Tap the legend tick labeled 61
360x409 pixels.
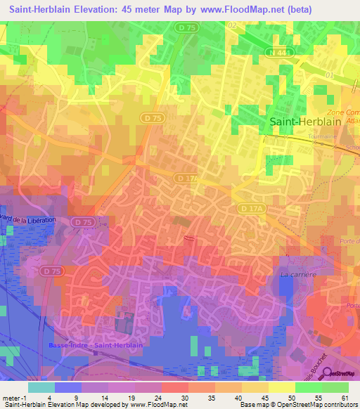click(344, 397)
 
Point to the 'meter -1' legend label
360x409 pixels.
click(13, 397)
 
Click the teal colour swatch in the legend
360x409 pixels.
click(41, 387)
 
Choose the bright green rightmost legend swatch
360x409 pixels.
click(335, 387)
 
